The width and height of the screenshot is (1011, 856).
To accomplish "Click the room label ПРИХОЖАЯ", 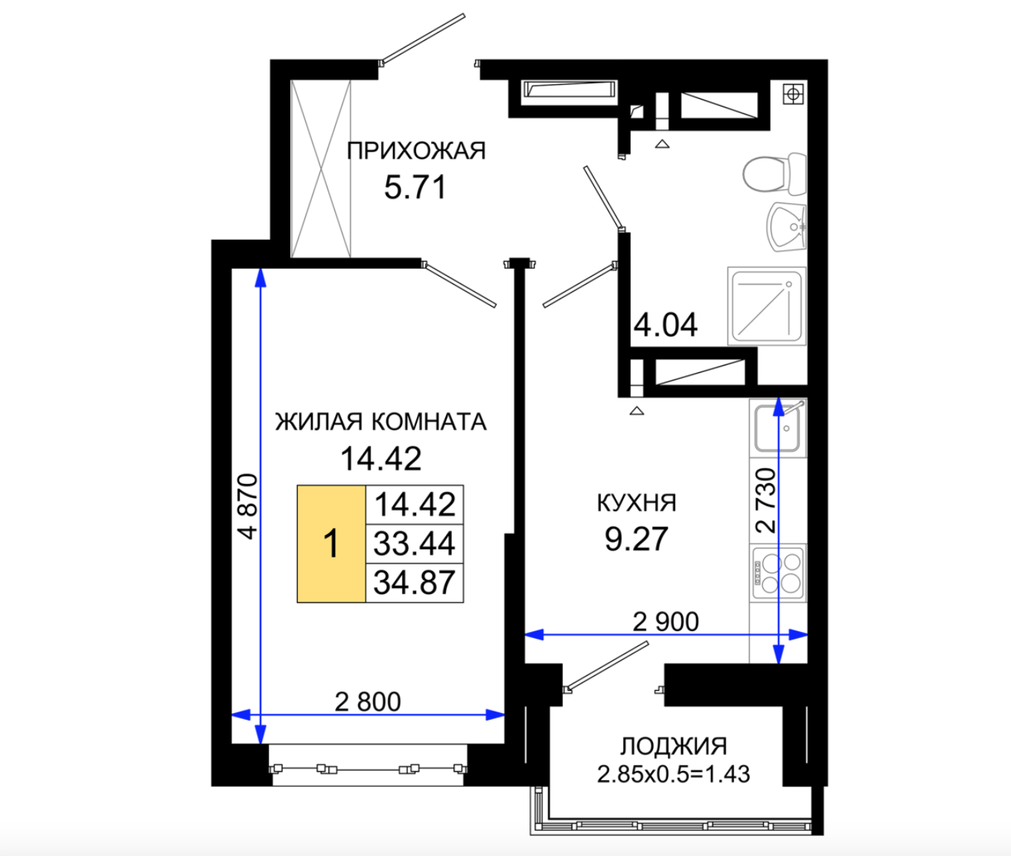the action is pos(416,150).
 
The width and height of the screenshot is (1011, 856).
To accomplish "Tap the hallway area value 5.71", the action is pos(415,188).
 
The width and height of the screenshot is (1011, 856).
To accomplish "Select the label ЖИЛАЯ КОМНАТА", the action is pos(381,421).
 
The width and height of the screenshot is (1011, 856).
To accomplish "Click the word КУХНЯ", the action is pos(637,503).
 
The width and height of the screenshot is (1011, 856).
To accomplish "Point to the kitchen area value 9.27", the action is pos(637,539).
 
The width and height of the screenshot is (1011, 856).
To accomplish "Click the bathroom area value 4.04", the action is pos(666,325).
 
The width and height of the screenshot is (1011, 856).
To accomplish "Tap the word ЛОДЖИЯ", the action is pos(674,746).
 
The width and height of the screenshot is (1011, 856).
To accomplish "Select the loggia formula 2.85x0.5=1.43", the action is pos(674,774).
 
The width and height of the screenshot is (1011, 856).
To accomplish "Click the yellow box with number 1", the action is pos(331,544).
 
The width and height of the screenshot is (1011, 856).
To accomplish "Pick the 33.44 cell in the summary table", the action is pos(414,543).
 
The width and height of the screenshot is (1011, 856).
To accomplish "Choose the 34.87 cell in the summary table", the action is pos(414,583).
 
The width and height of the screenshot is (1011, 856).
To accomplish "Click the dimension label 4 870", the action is pos(249,506).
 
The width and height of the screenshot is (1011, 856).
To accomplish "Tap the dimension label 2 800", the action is pos(368,701).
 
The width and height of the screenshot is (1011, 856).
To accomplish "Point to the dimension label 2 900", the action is pos(666,622).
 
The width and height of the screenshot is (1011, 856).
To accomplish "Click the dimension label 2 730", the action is pos(766,501).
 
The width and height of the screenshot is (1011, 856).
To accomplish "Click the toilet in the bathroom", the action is pos(774,173).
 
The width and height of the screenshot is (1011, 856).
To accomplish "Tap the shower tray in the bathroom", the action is pos(767,306).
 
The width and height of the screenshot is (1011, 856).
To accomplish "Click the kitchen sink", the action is pos(778,428).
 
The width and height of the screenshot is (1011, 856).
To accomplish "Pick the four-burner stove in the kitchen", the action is pos(778,573).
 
